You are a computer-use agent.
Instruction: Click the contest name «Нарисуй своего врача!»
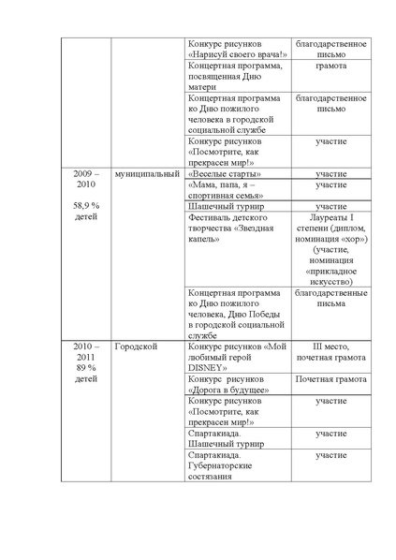pyautogui.click(x=238, y=55)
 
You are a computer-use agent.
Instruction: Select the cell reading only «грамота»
pyautogui.click(x=330, y=67)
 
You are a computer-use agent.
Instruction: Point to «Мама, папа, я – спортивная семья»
pyautogui.click(x=238, y=190)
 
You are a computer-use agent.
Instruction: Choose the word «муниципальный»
pyautogui.click(x=145, y=174)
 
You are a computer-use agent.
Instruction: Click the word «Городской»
pyautogui.click(x=137, y=346)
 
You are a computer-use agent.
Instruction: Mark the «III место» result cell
pyautogui.click(x=330, y=346)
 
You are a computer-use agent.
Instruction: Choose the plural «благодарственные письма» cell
pyautogui.click(x=330, y=298)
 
